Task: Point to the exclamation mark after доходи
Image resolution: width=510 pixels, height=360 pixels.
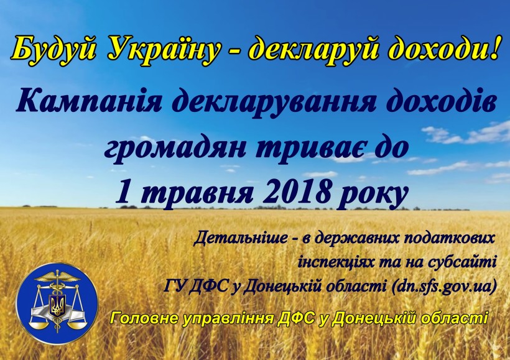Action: point(493,47)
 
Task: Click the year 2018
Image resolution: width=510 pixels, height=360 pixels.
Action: point(297,192)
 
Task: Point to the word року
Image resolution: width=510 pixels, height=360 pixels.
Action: point(373,196)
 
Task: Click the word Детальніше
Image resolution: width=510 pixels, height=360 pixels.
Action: point(240,238)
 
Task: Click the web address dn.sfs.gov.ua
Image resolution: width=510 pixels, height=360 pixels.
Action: point(444,286)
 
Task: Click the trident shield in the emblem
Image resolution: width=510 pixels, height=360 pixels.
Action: point(57,305)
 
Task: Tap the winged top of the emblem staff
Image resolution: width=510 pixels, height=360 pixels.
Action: point(57,277)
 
